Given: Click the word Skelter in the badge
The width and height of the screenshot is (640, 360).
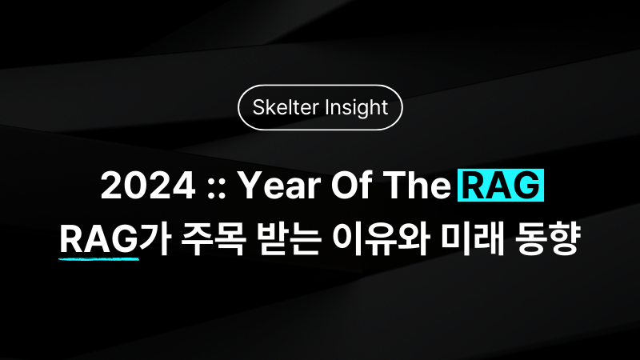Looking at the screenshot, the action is [286, 107].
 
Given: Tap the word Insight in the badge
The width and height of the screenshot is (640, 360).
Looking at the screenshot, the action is [357, 108].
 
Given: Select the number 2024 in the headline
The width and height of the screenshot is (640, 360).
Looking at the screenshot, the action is [148, 186].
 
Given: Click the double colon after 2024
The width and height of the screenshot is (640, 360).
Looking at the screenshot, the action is [216, 190].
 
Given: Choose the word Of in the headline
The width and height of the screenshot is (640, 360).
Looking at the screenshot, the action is [351, 186].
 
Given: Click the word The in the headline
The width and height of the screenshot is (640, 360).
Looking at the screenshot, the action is [416, 186].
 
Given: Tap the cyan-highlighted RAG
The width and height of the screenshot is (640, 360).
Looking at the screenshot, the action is [501, 186].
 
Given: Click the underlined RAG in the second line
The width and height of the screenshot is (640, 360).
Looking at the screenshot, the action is [98, 239].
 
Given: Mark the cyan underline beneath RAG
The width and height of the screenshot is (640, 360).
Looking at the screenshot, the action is [98, 258].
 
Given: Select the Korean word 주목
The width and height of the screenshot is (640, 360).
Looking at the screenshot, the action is [213, 239].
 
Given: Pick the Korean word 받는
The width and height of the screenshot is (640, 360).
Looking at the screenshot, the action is [289, 239].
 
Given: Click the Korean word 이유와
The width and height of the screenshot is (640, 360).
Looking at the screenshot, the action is [381, 239].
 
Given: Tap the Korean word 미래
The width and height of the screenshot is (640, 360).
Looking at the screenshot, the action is [473, 239].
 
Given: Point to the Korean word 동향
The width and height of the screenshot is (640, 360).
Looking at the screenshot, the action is [547, 239].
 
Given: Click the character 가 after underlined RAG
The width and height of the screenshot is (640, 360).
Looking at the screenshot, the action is [154, 239].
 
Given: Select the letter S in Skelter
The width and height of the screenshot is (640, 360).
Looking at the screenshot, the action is [258, 108].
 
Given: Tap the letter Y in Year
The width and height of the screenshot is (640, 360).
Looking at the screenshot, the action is [250, 186].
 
